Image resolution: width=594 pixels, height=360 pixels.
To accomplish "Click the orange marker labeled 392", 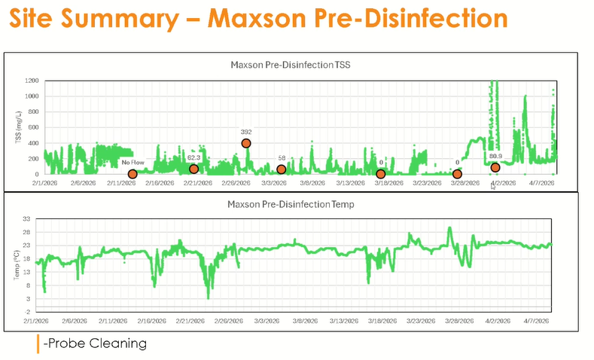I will (246, 143).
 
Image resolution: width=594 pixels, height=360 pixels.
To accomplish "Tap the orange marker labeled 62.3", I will (194, 169).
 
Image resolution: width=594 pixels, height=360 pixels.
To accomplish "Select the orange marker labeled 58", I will (282, 169).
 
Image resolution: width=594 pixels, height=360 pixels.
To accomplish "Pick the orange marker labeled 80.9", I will (495, 167).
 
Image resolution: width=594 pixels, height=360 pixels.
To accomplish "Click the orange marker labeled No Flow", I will (133, 174).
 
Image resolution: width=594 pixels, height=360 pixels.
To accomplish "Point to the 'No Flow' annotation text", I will (133, 162).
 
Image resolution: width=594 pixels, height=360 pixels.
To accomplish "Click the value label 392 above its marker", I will (246, 131).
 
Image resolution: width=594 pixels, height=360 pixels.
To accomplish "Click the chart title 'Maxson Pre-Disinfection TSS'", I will (290, 66).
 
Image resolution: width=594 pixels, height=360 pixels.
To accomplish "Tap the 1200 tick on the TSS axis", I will (30, 81).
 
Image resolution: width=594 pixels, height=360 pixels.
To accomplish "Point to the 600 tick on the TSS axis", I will (32, 127).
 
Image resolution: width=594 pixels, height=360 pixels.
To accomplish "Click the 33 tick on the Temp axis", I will (33, 220).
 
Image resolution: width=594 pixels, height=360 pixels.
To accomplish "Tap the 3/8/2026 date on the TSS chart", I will (312, 183).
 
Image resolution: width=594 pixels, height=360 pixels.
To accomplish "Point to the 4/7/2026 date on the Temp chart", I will (540, 320).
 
